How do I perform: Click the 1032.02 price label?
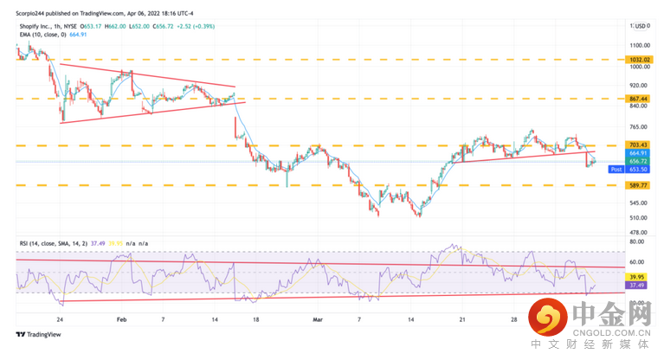[639, 60]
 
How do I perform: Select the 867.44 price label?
[639, 99]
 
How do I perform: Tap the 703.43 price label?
[639, 145]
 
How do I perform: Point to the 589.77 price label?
[639, 184]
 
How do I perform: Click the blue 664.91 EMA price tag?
[639, 153]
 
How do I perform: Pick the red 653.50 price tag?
[639, 170]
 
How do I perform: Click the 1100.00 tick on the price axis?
[641, 45]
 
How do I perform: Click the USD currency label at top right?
[641, 26]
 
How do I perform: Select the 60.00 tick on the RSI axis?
[638, 260]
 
